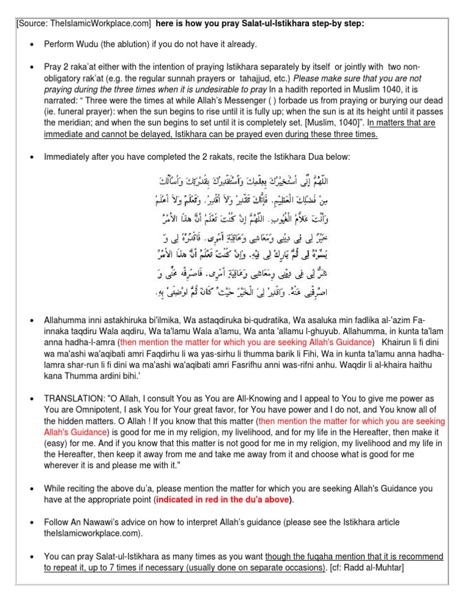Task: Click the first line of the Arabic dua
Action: click(x=278, y=182)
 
